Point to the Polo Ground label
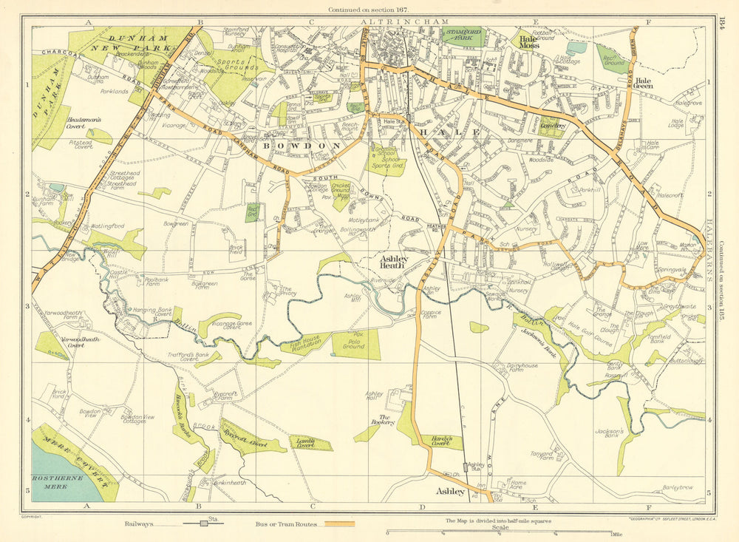(x=355, y=345)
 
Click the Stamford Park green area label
(x=462, y=35)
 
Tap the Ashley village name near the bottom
(x=450, y=492)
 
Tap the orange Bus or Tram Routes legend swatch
(x=337, y=524)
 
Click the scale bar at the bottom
(x=500, y=532)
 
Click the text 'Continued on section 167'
(x=369, y=9)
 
